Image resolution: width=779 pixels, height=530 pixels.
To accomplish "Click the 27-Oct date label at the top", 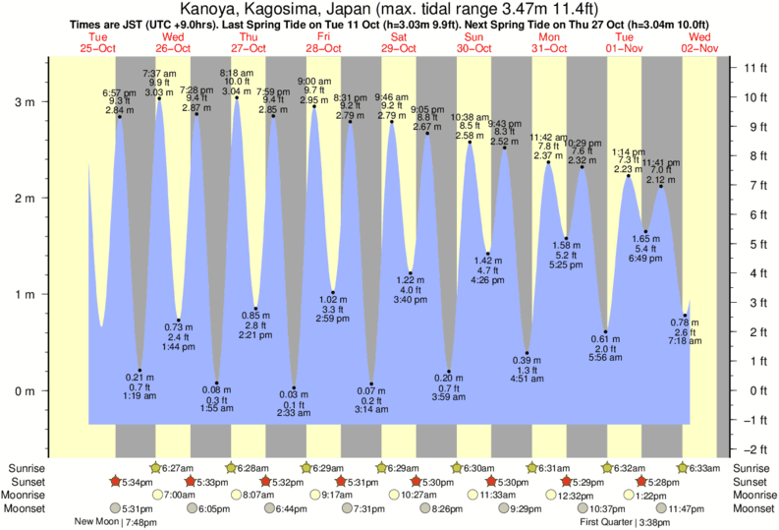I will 250,46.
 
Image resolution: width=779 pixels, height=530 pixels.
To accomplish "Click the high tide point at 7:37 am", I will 159,98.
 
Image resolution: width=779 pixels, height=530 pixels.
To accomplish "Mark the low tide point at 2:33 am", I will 294,388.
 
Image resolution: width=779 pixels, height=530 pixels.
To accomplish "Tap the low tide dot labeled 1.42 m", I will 487,254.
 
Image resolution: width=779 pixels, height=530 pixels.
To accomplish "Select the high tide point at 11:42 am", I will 548,162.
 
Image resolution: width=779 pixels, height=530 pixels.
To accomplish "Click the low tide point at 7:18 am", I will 685,316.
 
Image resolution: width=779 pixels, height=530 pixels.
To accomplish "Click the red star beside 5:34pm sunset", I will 115,481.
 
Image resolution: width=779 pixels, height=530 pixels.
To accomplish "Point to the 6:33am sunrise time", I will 712,467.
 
